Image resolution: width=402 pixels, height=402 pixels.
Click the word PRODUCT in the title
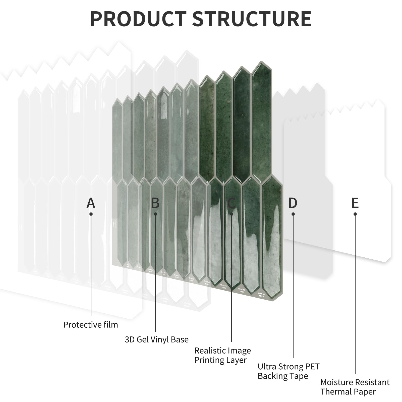tap(138, 19)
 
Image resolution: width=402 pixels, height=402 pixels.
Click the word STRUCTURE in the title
tap(252, 19)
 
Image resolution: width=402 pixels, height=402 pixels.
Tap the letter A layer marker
tap(91, 203)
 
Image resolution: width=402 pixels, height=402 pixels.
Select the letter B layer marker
tap(155, 203)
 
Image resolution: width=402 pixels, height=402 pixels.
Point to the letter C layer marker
tap(231, 203)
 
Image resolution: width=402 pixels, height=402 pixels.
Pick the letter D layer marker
tap(293, 203)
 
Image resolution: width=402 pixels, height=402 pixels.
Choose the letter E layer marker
tap(355, 203)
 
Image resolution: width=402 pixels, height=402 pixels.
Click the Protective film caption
tap(91, 325)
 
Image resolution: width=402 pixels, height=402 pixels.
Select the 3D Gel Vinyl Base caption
tap(157, 339)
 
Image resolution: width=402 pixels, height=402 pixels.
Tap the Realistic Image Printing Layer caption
tap(222, 355)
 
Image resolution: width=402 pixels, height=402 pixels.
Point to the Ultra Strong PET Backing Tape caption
tap(289, 371)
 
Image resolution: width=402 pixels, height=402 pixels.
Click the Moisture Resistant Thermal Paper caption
tap(355, 387)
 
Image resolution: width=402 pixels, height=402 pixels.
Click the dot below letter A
tap(91, 214)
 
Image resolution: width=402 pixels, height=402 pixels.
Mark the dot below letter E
tap(355, 214)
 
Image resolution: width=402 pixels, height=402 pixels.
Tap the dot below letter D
tap(293, 214)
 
